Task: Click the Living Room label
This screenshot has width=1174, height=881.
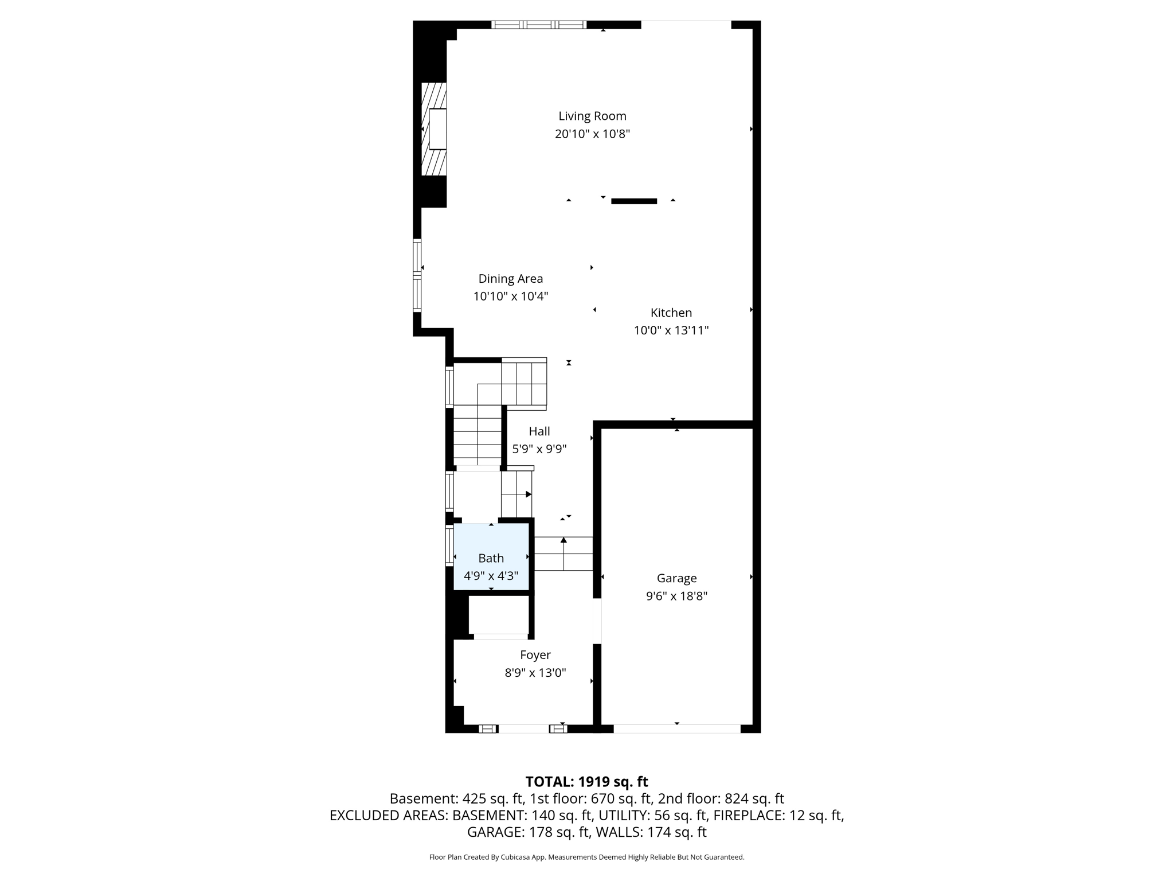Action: click(x=592, y=116)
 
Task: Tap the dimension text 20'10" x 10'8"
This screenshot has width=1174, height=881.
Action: click(x=592, y=134)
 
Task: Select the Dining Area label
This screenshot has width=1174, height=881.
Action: click(x=510, y=279)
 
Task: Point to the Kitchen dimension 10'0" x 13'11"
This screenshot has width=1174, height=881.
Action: click(x=671, y=330)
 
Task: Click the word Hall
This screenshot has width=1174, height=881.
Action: click(x=539, y=431)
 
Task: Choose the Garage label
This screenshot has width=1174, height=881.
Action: click(x=676, y=578)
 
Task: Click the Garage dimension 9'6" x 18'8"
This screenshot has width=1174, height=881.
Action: click(x=676, y=596)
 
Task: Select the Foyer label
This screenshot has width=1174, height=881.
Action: click(x=535, y=655)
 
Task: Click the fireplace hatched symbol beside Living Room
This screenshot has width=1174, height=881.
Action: click(x=433, y=129)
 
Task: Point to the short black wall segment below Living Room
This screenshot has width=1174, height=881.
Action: click(x=633, y=201)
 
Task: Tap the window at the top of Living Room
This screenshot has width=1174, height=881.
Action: click(x=538, y=25)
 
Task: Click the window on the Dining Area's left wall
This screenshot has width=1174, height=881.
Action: click(x=417, y=276)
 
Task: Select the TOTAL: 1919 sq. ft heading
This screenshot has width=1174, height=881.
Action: click(x=586, y=782)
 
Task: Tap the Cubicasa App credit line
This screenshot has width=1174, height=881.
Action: click(x=586, y=857)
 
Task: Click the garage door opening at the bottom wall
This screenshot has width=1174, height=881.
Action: click(x=676, y=729)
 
